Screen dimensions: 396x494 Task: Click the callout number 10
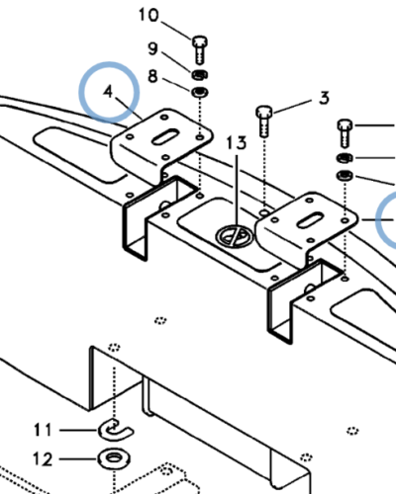(x=148, y=16)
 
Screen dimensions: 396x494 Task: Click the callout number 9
(x=152, y=48)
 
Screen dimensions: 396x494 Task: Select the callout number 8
(x=152, y=76)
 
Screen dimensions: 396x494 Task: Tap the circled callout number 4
(x=108, y=91)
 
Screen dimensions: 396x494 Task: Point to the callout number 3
(x=325, y=98)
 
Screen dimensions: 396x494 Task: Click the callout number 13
(x=237, y=143)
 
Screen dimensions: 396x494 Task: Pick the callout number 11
(x=43, y=430)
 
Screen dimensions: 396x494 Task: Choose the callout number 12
(x=43, y=459)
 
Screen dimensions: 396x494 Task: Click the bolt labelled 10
(x=200, y=49)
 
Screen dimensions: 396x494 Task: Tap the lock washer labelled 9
(x=199, y=75)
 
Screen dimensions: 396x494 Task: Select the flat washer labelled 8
(x=200, y=92)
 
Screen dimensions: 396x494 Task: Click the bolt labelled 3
(x=264, y=121)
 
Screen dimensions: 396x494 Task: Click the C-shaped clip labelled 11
(x=116, y=430)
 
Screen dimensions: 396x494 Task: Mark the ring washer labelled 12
(x=114, y=458)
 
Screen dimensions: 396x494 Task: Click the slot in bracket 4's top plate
(x=165, y=137)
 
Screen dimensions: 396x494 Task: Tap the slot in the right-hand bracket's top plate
(x=310, y=220)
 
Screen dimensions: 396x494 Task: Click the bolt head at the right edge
(x=346, y=125)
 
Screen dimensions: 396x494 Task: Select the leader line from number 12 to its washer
(x=78, y=458)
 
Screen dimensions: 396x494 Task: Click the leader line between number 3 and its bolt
(x=292, y=106)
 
